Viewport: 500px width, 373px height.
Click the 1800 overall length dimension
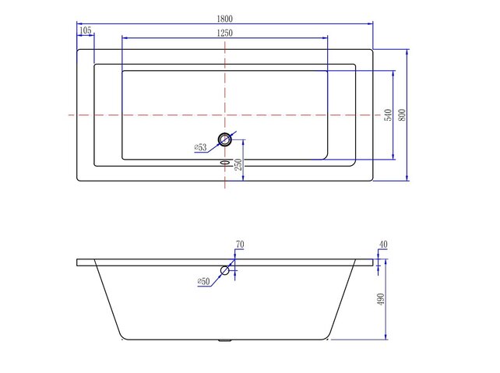[225, 18]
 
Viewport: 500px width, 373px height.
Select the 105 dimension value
[86, 30]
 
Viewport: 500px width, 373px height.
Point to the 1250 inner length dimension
[225, 33]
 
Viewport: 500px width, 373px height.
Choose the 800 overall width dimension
[402, 114]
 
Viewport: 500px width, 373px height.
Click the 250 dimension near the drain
[240, 164]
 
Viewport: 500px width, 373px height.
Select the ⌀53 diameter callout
[200, 147]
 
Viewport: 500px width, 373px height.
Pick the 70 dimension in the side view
[240, 245]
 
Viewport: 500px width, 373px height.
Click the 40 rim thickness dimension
[382, 245]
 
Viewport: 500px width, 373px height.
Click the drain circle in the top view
[225, 140]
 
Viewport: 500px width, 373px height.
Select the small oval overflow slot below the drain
[225, 163]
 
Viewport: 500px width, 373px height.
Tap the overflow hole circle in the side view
[225, 270]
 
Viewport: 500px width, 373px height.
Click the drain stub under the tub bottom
[225, 340]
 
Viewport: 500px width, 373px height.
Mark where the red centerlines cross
[225, 114]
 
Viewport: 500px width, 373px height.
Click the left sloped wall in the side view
[108, 301]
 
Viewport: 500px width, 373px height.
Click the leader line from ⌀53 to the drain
[213, 144]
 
